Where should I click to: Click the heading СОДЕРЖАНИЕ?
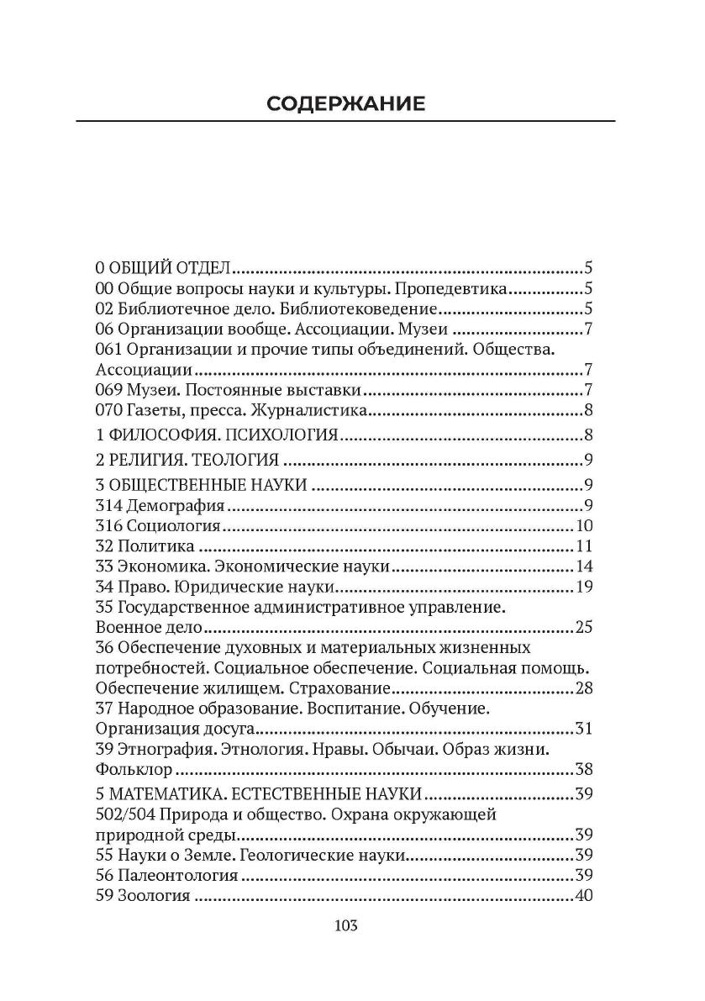(x=345, y=103)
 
